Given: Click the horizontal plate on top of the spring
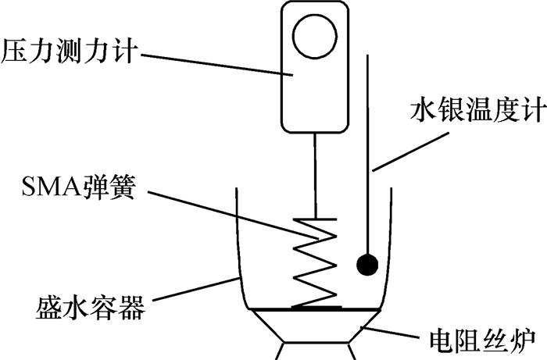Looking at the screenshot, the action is coord(316,219).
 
